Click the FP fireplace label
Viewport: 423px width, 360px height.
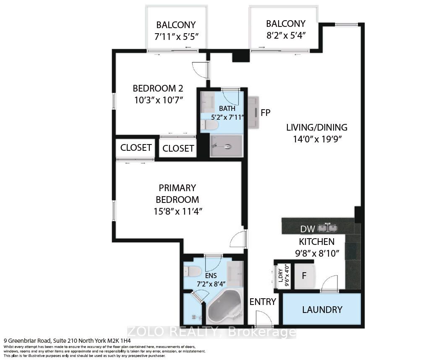tap(266, 112)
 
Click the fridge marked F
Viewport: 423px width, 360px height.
tap(304, 276)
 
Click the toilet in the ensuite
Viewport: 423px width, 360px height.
tap(192, 271)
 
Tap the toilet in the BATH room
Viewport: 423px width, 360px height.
tap(209, 125)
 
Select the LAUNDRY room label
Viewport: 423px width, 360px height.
tap(322, 310)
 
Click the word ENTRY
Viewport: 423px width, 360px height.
tap(263, 302)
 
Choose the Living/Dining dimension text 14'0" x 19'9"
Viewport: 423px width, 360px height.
tap(318, 139)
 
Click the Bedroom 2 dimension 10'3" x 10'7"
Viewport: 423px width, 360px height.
tap(159, 100)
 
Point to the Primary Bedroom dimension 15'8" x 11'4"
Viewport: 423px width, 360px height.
tap(178, 211)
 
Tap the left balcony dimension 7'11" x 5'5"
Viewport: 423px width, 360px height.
tap(176, 37)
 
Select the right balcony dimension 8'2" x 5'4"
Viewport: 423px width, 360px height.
tap(286, 35)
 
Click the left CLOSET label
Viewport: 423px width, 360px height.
tap(136, 148)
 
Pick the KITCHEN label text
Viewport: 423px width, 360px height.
tap(317, 242)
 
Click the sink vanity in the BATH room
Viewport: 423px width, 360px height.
tap(207, 102)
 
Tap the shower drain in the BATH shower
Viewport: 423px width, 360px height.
tap(228, 147)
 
